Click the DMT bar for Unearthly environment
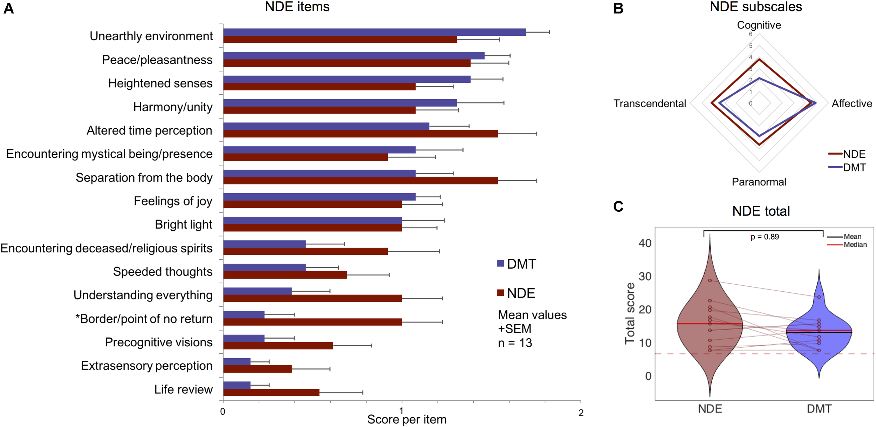374,32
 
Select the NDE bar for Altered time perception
361,134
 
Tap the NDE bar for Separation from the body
361,181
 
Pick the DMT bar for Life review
237,385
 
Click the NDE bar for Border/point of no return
312,322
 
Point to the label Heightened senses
160,83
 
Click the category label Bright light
184,224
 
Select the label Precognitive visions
158,342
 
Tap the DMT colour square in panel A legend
501,263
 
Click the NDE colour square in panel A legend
501,293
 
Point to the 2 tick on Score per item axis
581,413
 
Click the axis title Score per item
406,420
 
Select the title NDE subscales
756,7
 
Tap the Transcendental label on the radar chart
650,103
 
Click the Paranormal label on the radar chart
759,182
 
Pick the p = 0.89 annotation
765,237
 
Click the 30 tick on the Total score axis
645,277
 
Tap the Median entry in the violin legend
855,245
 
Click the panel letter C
618,206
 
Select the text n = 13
515,343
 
